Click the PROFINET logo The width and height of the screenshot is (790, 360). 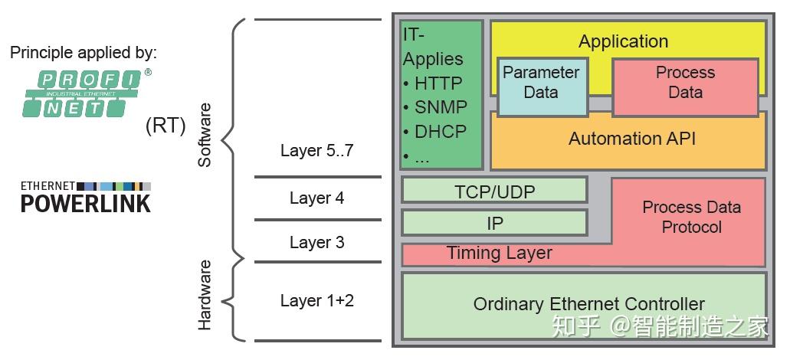(x=84, y=93)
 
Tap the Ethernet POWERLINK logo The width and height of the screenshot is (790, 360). (x=85, y=196)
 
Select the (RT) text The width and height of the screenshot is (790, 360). (x=166, y=126)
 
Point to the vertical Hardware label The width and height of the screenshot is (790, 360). (x=205, y=295)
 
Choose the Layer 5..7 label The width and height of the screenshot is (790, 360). (x=316, y=150)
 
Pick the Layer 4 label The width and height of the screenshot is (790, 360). (x=316, y=198)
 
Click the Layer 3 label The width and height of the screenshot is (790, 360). (x=316, y=242)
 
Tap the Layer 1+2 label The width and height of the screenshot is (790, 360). (x=316, y=300)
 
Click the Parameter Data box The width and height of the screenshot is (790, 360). (x=541, y=83)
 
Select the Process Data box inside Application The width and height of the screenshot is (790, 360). (x=685, y=83)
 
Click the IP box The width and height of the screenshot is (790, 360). (x=494, y=223)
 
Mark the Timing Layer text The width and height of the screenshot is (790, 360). (x=499, y=253)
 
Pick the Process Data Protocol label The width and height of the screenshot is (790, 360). (x=691, y=217)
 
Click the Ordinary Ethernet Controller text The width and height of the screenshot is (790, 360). (x=588, y=304)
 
